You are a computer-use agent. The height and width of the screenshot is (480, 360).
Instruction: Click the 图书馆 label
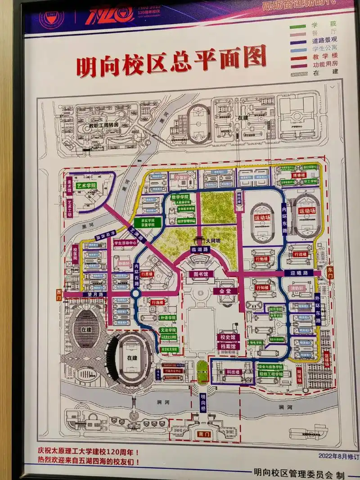[200, 274]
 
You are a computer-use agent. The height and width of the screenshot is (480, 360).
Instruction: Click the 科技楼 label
[232, 372]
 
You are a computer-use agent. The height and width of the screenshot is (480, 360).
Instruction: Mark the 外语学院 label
[167, 318]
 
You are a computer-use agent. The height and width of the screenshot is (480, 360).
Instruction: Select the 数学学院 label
[180, 197]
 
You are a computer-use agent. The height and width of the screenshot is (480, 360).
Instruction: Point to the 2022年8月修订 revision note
[338, 456]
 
